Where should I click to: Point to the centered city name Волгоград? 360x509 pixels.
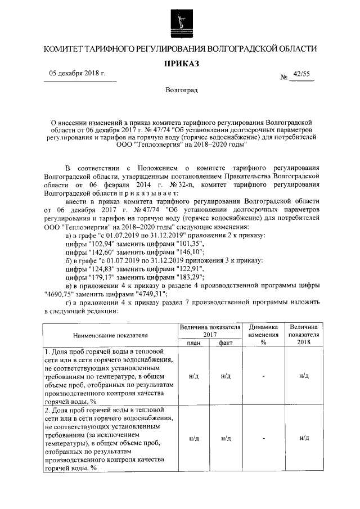tap(181, 90)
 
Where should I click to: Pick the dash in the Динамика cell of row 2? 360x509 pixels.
tap(263, 438)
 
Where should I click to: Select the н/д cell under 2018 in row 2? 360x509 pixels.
tap(304, 438)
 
